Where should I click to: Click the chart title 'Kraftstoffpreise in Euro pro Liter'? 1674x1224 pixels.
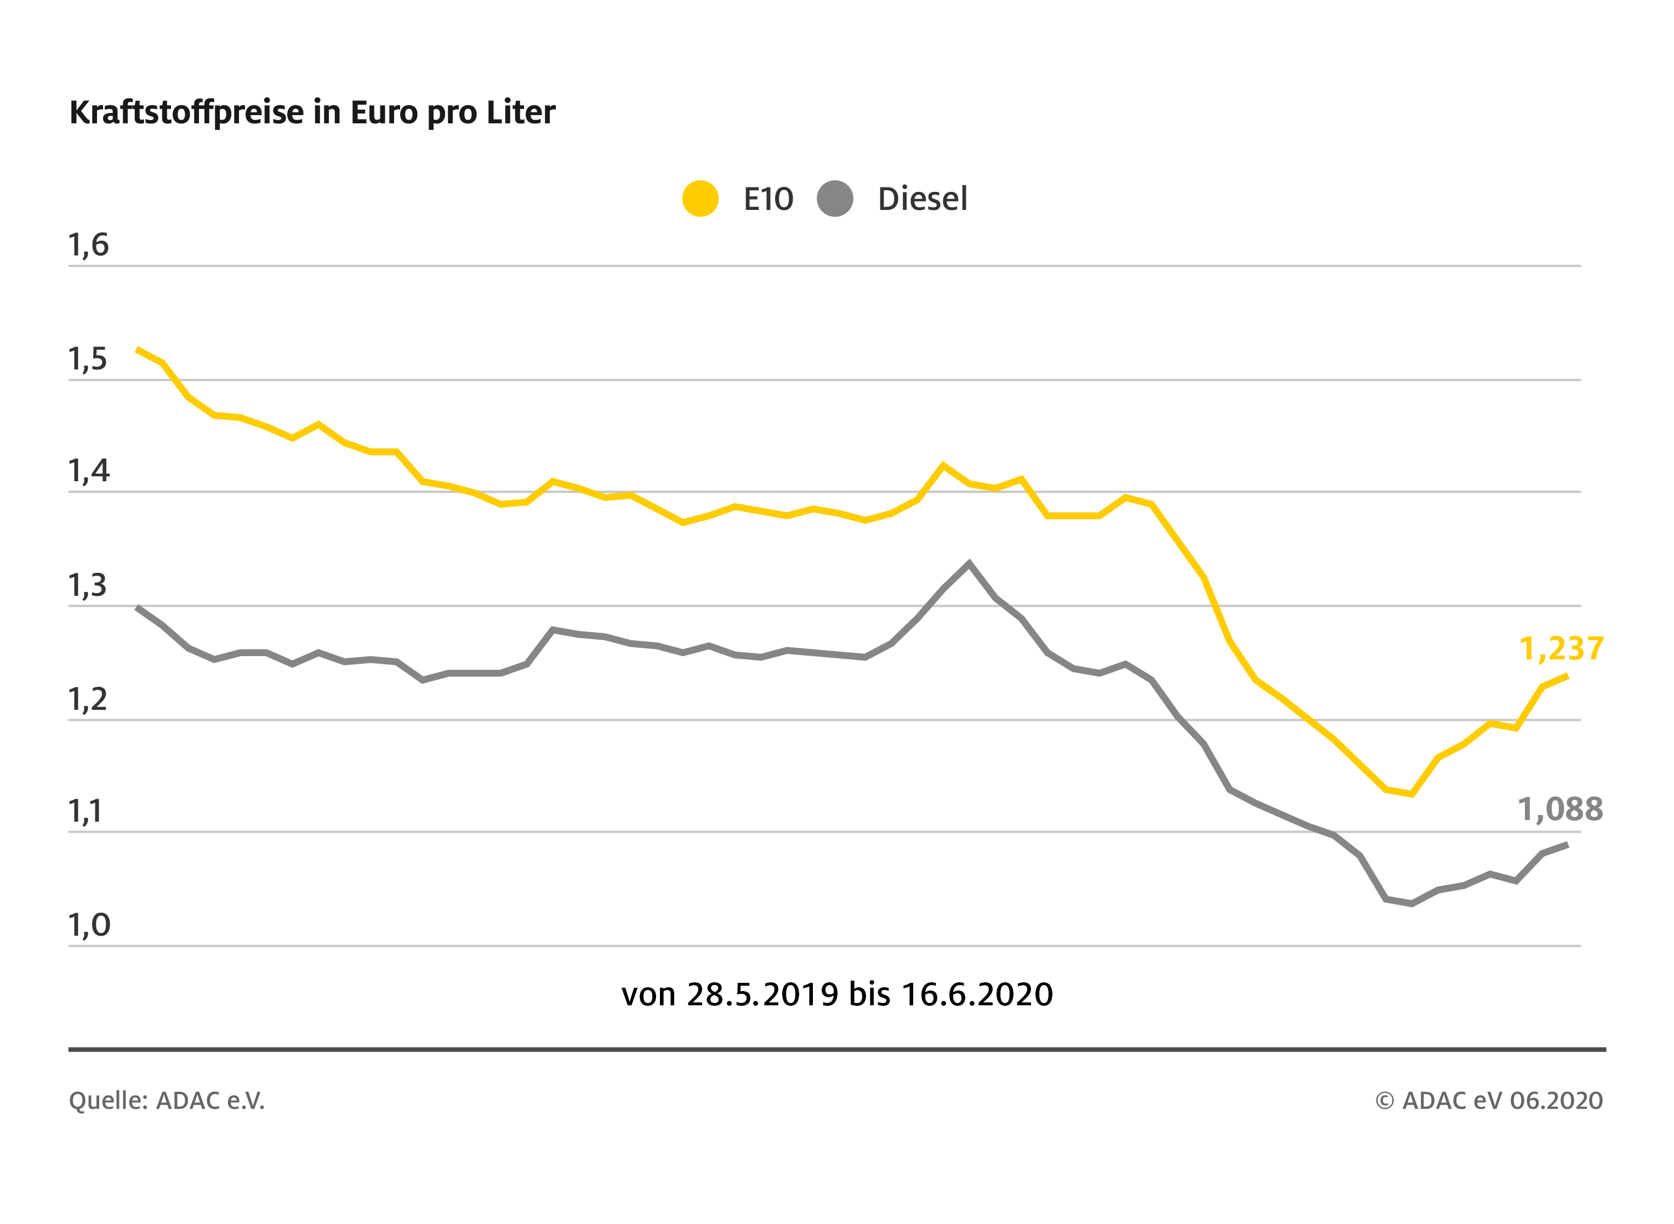tap(312, 112)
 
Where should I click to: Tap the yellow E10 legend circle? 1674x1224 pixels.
tap(700, 198)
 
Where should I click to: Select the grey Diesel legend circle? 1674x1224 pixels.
tap(835, 198)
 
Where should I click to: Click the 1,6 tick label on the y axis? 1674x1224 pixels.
tap(89, 244)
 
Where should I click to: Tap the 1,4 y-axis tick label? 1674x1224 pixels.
tap(89, 471)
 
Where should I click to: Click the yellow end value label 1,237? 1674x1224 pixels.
tap(1561, 649)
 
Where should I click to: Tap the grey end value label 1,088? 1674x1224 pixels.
tap(1560, 809)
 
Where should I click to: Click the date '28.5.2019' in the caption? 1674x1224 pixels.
tap(763, 994)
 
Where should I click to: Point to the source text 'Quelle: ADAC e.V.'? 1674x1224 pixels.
tap(167, 1100)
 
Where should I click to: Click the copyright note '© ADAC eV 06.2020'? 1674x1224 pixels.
tap(1489, 1100)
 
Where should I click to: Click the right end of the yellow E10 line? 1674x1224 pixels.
tap(1567, 676)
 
